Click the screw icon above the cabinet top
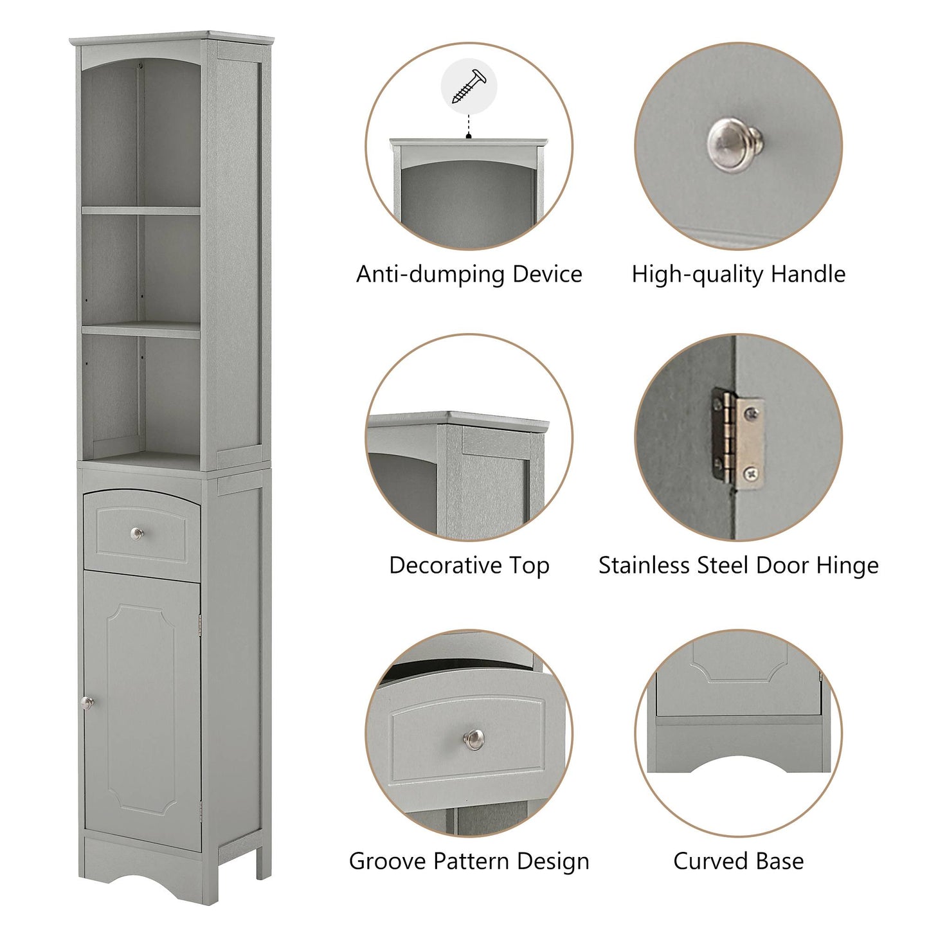469,86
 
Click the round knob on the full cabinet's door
87,703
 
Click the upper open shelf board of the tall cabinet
141,210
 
